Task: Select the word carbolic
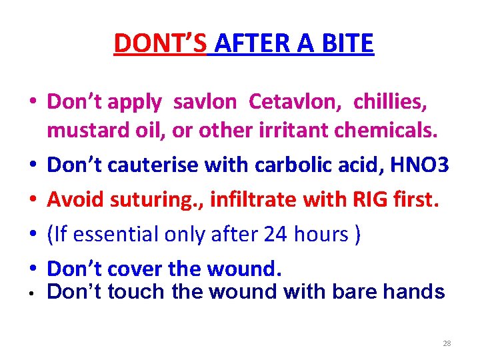(x=297, y=164)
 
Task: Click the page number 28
(x=447, y=343)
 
